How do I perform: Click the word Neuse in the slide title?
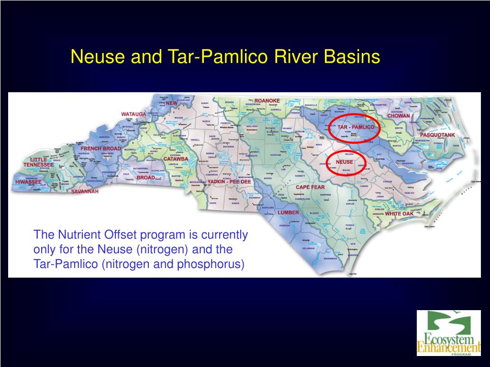[93, 57]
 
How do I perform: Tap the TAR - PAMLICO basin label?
[356, 128]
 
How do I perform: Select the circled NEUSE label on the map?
[344, 162]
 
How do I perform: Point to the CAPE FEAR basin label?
[310, 187]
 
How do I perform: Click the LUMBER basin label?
[288, 212]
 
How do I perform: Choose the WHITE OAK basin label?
[399, 214]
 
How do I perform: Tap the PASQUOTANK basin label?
[437, 135]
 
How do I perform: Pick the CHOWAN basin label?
[398, 116]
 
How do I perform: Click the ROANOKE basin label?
[267, 100]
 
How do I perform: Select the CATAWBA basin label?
[176, 159]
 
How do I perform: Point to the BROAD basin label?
[145, 177]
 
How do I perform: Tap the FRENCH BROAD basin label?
[100, 149]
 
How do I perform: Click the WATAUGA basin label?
[134, 114]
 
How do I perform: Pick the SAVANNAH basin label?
[85, 192]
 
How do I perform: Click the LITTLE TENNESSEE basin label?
[39, 162]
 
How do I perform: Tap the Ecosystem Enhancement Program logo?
[448, 333]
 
